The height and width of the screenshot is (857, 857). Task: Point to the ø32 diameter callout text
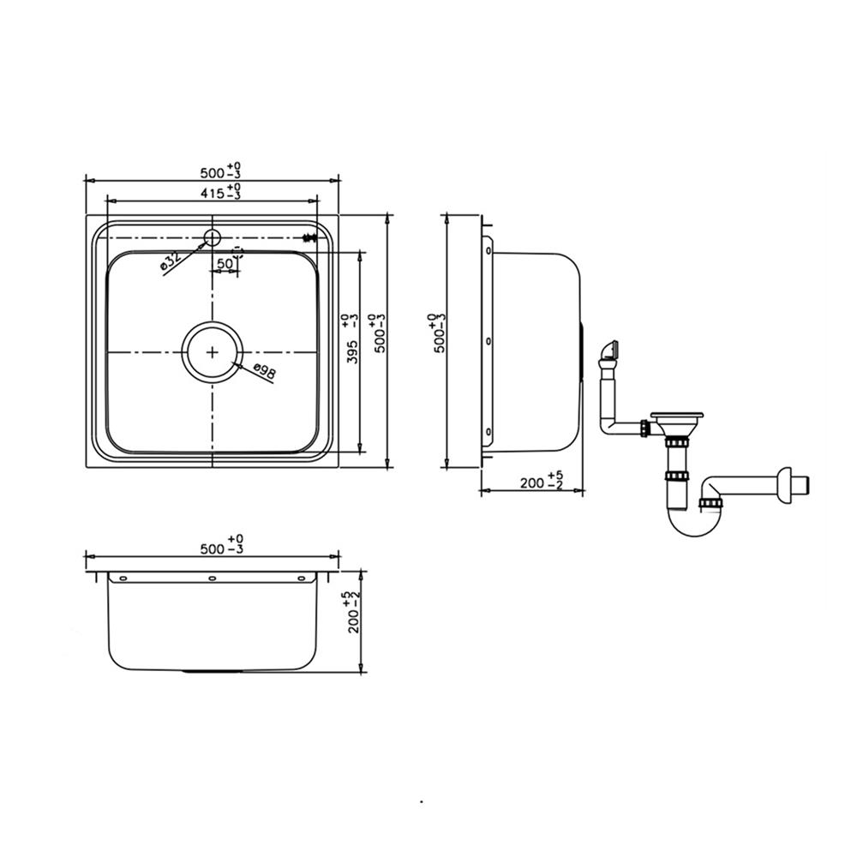pyautogui.click(x=171, y=262)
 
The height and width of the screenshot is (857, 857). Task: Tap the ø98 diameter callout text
pyautogui.click(x=264, y=371)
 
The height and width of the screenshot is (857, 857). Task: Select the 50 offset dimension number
pyautogui.click(x=225, y=264)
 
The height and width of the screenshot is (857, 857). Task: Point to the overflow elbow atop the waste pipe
pyautogui.click(x=611, y=349)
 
